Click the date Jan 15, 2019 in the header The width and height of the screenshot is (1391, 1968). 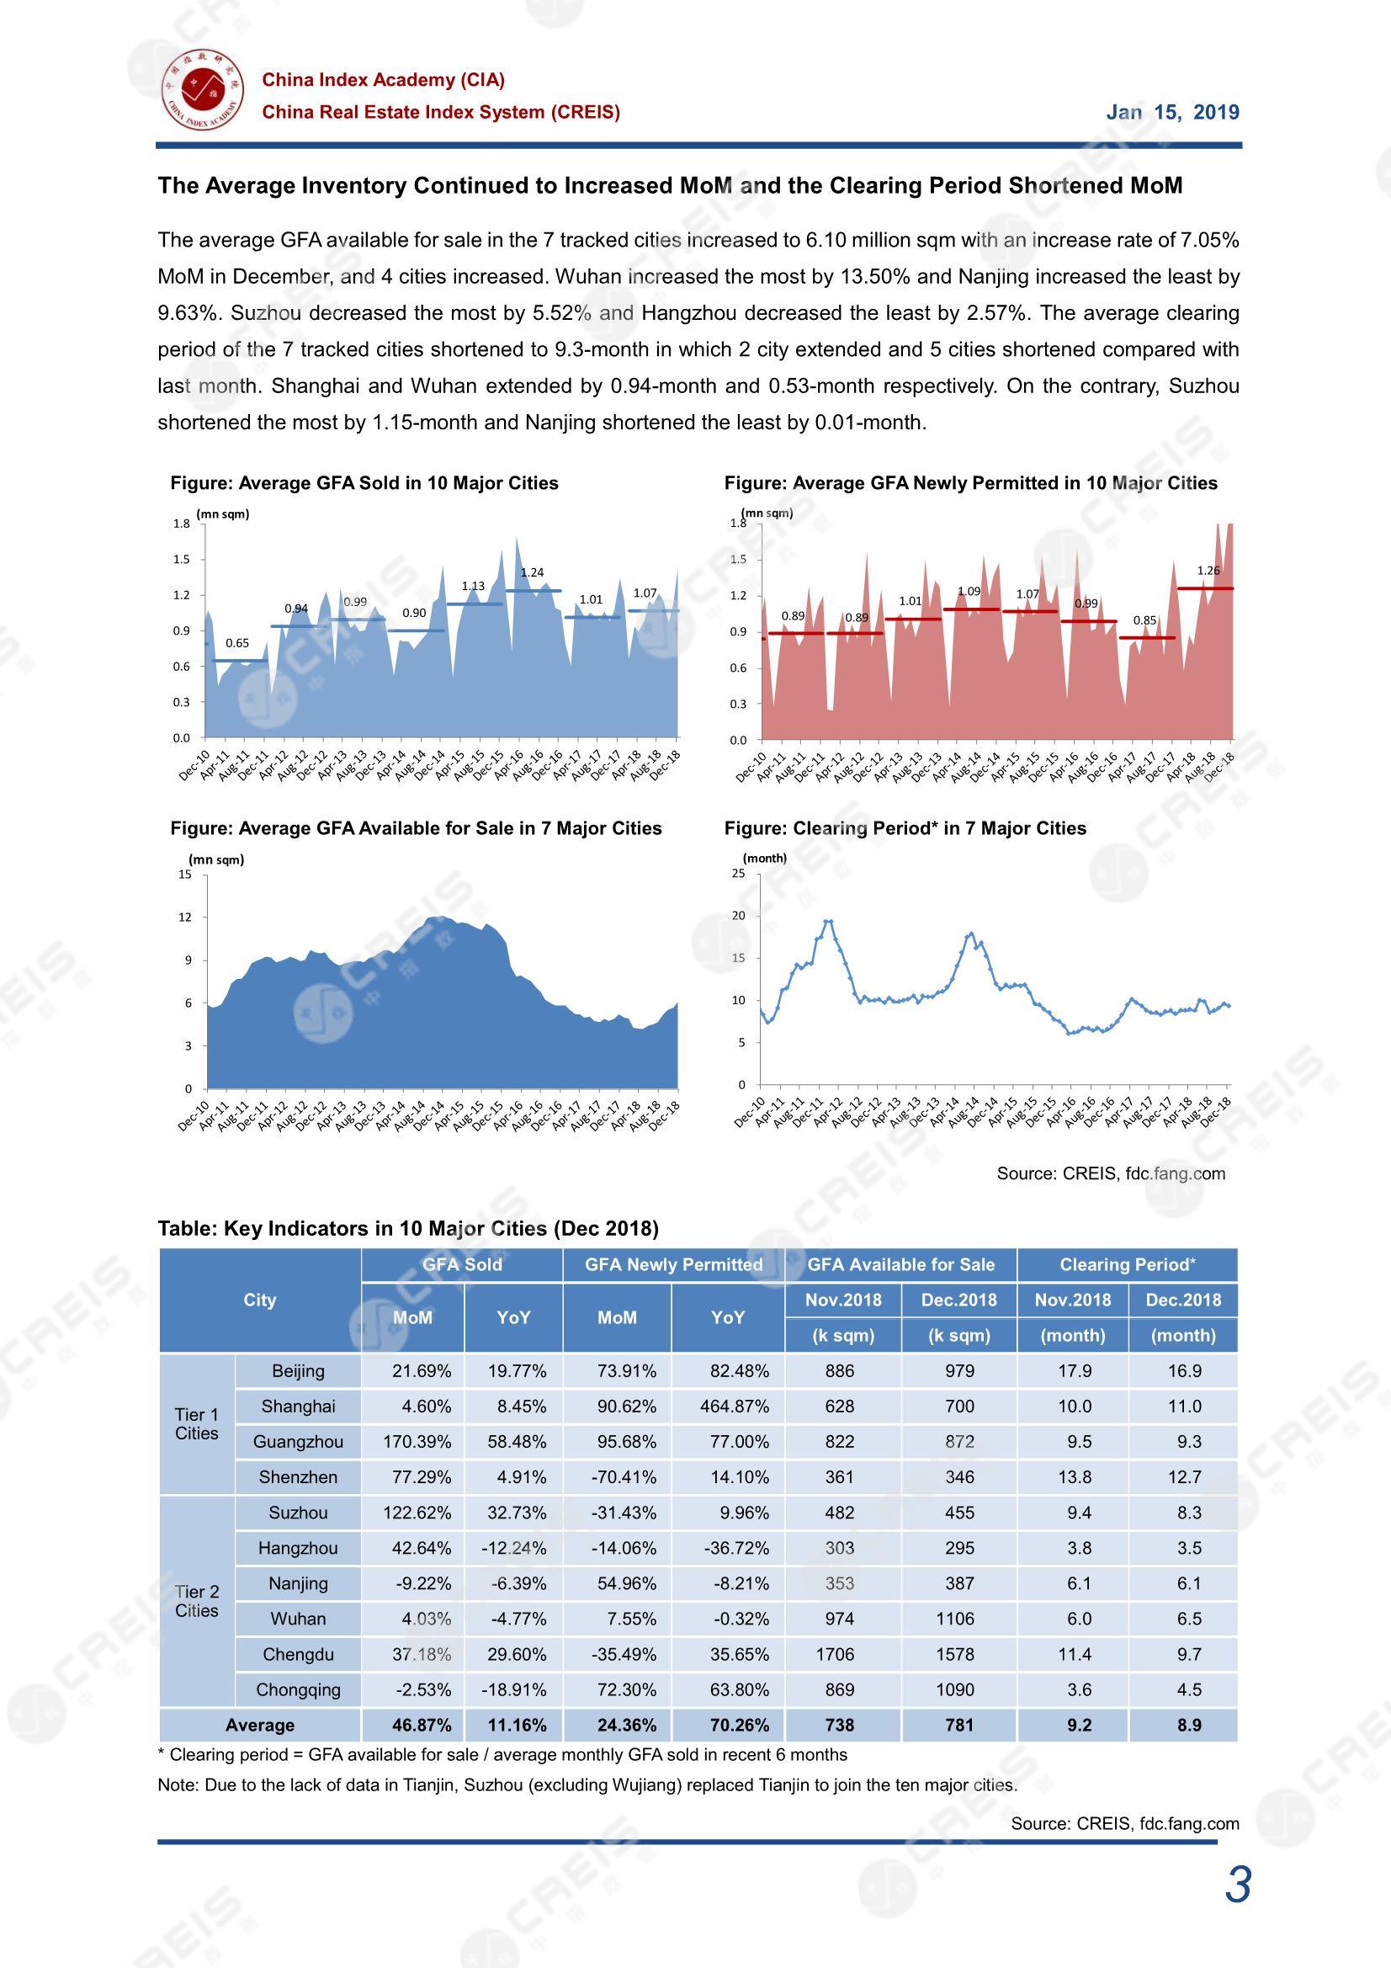(1171, 112)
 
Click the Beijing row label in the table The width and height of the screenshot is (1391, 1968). (298, 1370)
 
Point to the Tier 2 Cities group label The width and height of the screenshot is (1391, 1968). (196, 1600)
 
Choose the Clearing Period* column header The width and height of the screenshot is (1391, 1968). (1127, 1264)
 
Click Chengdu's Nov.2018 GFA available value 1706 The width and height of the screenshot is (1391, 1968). (835, 1654)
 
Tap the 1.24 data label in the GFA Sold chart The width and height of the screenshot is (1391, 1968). (531, 572)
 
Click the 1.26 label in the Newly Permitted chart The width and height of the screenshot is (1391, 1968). (1208, 570)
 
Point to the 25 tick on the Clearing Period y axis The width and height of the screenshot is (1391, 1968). (739, 874)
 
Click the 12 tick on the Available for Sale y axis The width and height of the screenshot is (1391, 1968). (185, 918)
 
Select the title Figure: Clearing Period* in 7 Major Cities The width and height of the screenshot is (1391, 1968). (905, 828)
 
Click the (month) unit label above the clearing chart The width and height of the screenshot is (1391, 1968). (764, 858)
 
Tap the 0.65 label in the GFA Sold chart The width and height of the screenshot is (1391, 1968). (237, 643)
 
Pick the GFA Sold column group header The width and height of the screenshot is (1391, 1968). (462, 1264)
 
